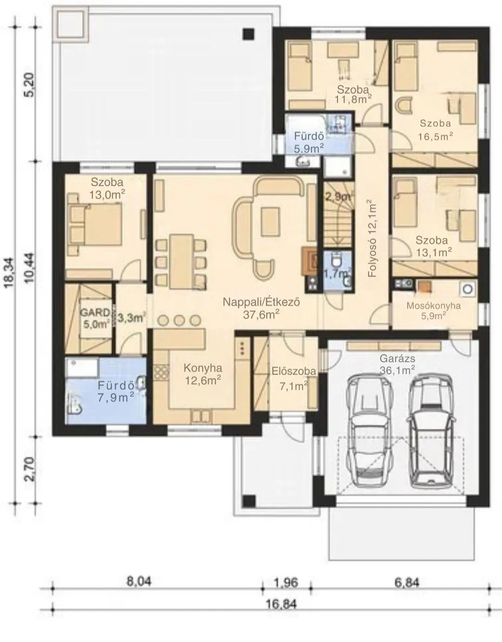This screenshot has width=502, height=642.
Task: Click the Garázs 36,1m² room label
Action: click(397, 364)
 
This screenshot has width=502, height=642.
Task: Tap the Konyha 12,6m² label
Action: click(203, 374)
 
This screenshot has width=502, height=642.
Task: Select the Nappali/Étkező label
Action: click(262, 302)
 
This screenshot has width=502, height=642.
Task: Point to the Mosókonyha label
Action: click(434, 306)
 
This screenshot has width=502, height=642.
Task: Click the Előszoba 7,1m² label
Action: click(294, 379)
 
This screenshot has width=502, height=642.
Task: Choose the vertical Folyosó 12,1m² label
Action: click(373, 238)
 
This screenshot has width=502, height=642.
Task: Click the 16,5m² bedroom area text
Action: click(436, 136)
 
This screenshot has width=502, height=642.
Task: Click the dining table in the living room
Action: click(181, 261)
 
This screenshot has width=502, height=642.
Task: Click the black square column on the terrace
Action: click(249, 34)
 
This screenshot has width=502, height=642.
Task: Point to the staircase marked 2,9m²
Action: click(338, 214)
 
